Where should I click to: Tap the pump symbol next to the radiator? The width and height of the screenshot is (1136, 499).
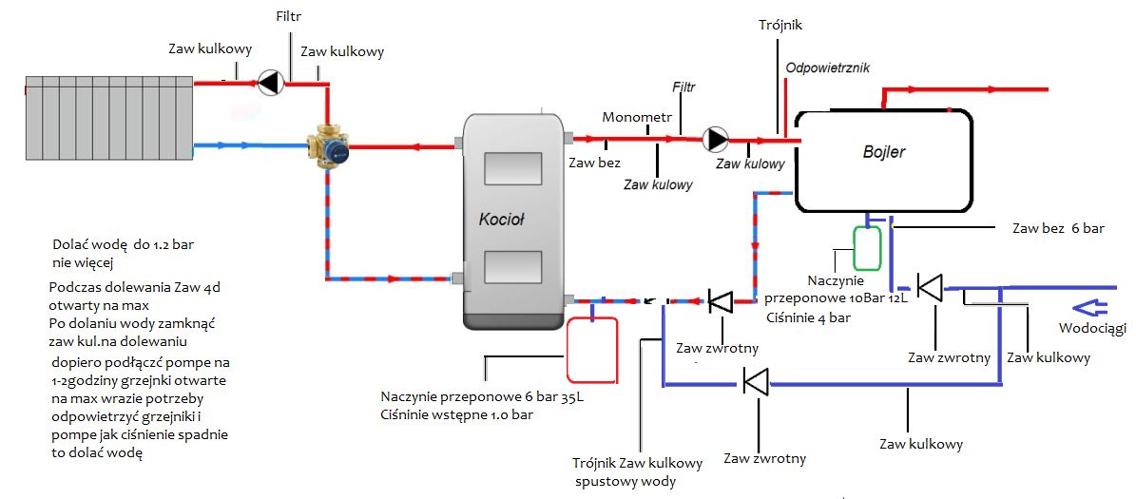pos(270,83)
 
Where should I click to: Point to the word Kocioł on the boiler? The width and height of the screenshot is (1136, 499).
pos(502,220)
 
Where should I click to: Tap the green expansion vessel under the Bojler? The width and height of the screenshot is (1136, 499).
pos(867,247)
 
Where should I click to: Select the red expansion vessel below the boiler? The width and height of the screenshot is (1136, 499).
pos(591,349)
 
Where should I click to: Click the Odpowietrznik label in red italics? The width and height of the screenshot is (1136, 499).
pos(827,67)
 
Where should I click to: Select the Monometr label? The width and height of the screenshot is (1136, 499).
pos(637,117)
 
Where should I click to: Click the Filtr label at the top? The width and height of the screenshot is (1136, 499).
pos(289,17)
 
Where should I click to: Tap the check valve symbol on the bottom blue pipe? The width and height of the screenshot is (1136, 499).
pos(758,383)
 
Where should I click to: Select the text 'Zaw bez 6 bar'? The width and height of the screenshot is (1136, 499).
pos(1059,229)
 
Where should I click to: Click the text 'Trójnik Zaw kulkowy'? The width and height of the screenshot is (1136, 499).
pos(637,464)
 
